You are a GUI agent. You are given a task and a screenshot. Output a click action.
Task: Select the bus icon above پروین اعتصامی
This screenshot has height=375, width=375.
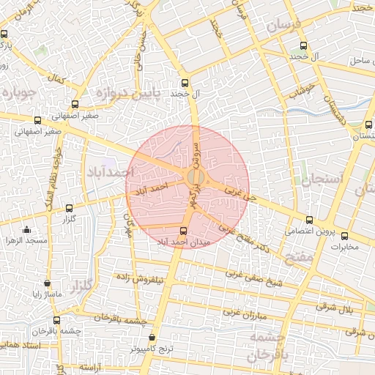click(x=309, y=220)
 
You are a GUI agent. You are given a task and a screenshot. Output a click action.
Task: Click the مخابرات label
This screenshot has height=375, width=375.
click(x=344, y=246)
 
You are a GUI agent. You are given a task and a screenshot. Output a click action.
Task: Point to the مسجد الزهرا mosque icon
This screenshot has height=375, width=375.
click(x=27, y=229)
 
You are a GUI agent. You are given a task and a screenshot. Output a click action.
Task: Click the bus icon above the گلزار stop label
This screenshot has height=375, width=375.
click(x=70, y=208)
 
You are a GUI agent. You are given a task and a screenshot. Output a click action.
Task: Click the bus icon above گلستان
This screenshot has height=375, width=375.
click(x=368, y=125)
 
